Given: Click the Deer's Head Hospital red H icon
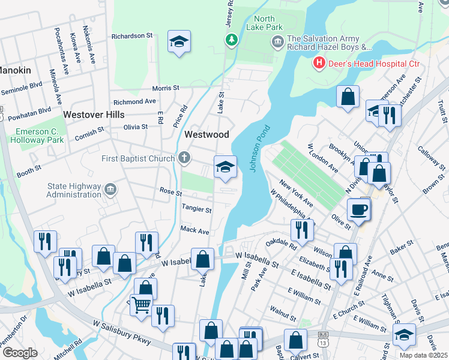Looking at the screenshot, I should click(318, 62).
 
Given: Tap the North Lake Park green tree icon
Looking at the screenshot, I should click(231, 40).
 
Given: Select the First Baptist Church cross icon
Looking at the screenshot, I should click(184, 158).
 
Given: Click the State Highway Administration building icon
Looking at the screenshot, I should click(110, 190).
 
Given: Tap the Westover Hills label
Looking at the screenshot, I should click(94, 114).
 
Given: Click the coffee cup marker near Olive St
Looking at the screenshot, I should click(359, 209).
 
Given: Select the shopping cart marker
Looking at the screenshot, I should click(142, 304).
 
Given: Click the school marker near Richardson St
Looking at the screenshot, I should click(178, 41).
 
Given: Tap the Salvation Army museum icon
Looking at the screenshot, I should click(277, 41).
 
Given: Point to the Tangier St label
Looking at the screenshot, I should click(196, 210).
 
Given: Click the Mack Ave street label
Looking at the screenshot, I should click(194, 230).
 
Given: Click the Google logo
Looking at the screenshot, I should click(19, 352).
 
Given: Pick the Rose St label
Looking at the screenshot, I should click(170, 192).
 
